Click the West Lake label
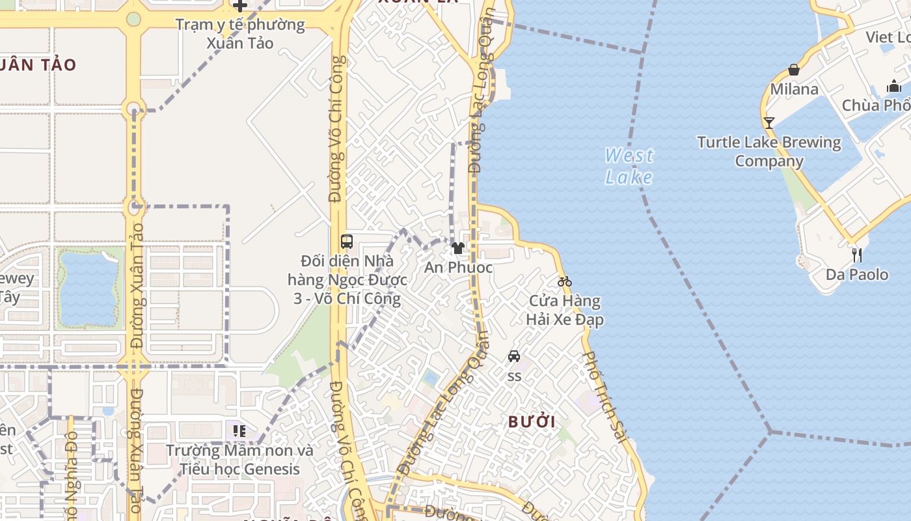[x=629, y=166]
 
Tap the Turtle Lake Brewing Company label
[x=768, y=152]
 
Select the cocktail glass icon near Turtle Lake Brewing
[x=768, y=122]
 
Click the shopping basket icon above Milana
[x=794, y=70]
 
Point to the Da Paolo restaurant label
[x=857, y=275]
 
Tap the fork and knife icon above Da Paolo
[x=857, y=255]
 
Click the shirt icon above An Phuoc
[x=458, y=248]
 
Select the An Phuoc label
[x=458, y=268]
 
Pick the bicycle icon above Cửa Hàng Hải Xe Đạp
[x=564, y=282]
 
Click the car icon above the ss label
[x=514, y=356]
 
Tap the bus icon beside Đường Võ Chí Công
[x=347, y=242]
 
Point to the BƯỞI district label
[x=532, y=422]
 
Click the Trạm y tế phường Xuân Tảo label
[x=240, y=34]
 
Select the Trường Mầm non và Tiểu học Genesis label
[x=239, y=460]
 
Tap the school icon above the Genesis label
[x=239, y=430]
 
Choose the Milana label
[x=794, y=89]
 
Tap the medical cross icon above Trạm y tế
[x=240, y=6]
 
